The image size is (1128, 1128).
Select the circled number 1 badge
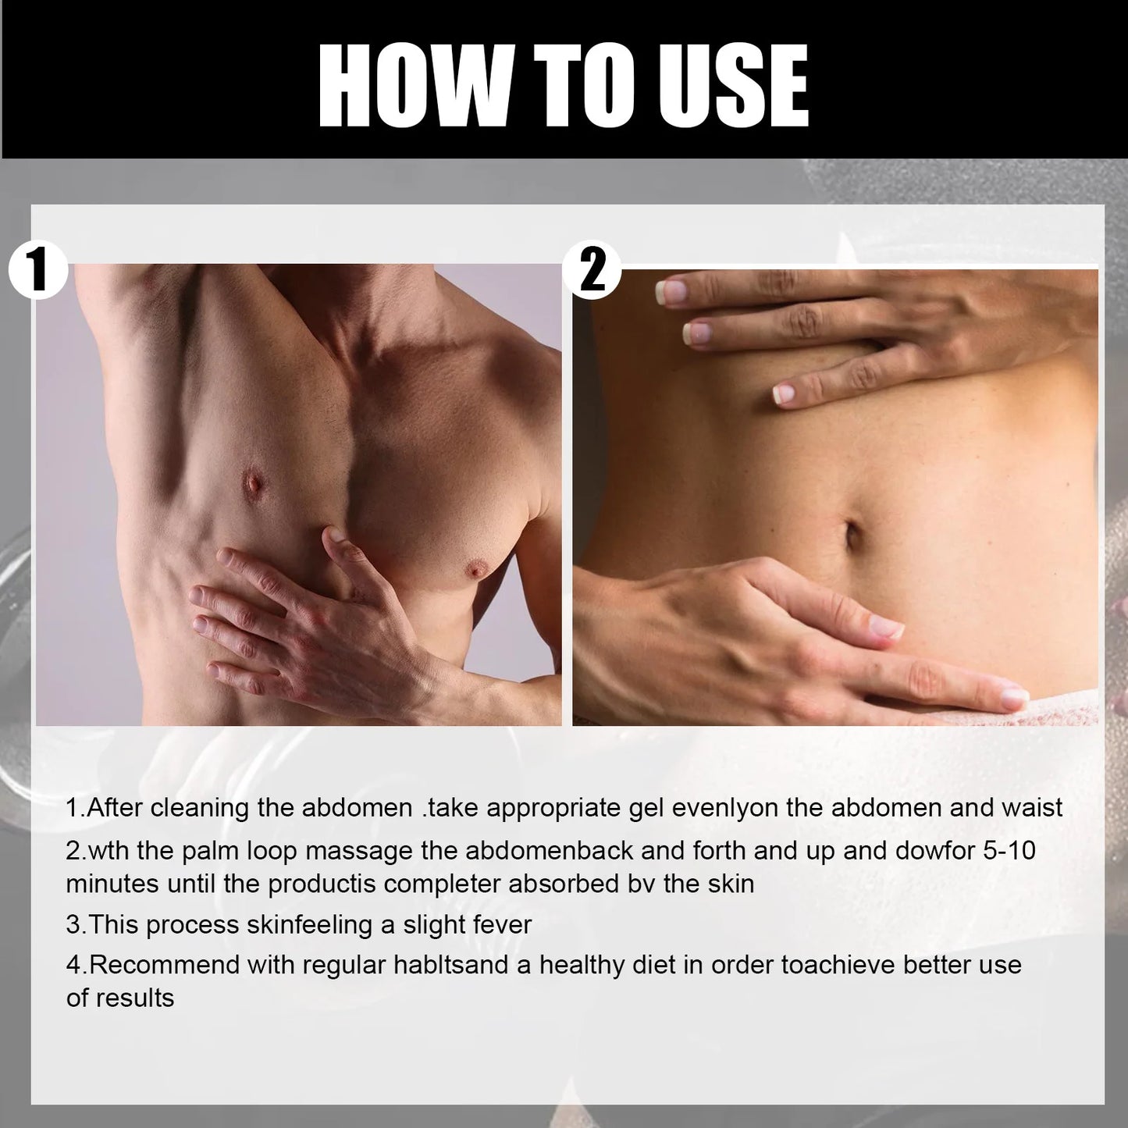37,269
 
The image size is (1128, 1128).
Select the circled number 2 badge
592,270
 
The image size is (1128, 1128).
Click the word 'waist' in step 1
1032,807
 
